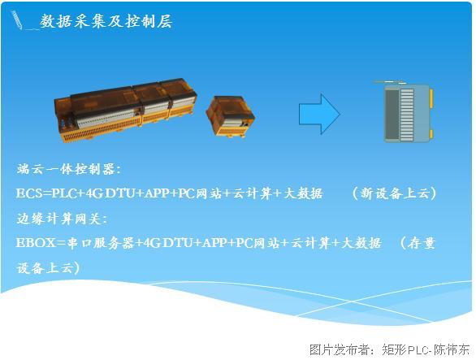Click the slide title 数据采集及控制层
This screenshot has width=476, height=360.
point(106,21)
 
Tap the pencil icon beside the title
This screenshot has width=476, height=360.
point(17,20)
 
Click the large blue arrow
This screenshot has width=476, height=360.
point(319,114)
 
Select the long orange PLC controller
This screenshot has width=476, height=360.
point(125,110)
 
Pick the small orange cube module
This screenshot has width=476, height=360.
point(231,116)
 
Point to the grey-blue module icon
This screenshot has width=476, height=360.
point(405,112)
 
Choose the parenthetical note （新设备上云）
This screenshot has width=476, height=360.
point(394,193)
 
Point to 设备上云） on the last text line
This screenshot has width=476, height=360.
point(48,268)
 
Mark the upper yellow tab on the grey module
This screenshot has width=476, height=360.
point(431,98)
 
